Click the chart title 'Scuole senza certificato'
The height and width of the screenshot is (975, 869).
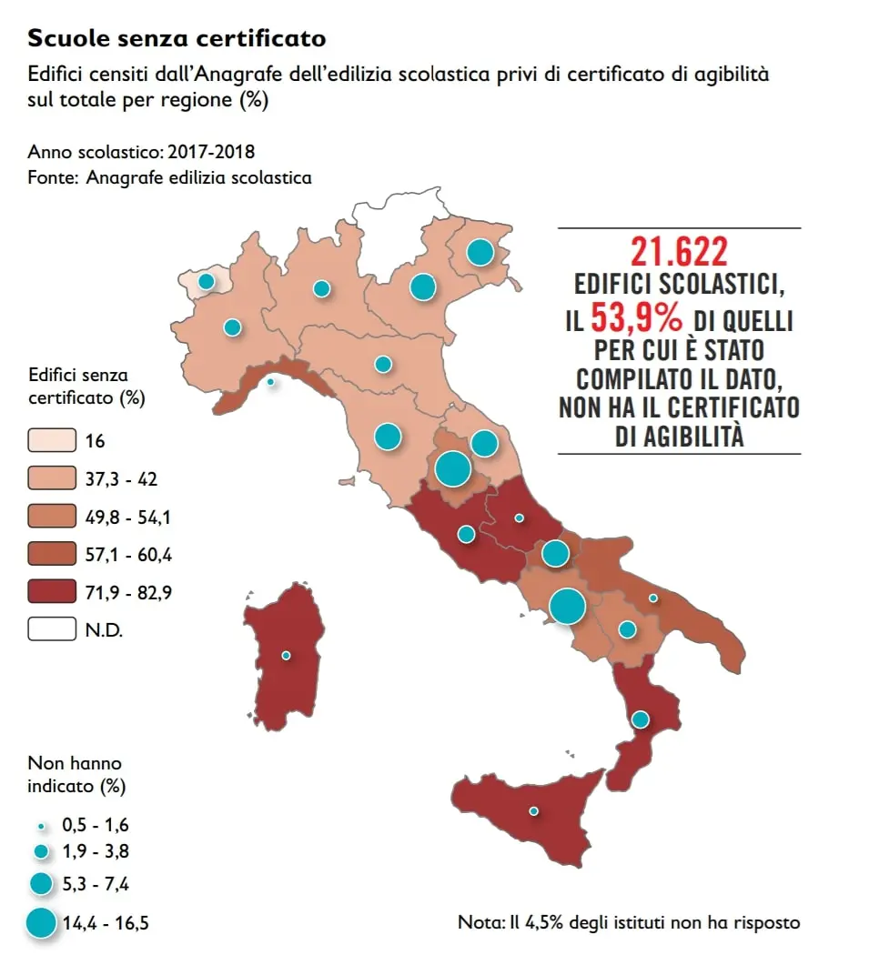pos(177,38)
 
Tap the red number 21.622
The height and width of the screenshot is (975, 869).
pos(679,252)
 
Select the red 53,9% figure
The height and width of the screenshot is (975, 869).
pos(639,317)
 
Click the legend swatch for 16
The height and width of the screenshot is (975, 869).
pos(51,440)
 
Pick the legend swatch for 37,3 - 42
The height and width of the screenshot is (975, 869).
pos(51,478)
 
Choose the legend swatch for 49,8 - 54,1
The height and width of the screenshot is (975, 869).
pos(51,517)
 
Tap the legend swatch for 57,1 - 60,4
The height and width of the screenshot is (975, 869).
pos(51,554)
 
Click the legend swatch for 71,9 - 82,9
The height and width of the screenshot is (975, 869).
pos(51,592)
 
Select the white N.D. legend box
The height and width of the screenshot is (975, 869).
pos(51,629)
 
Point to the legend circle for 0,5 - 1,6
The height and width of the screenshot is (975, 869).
pos(41,825)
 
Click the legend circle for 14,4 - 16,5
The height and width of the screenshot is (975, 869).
pos(41,923)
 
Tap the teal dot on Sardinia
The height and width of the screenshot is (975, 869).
pos(286,655)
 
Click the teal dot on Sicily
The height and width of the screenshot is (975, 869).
pos(533,810)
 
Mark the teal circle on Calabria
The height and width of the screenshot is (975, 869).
pos(640,719)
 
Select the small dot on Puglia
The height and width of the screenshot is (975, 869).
pos(653,598)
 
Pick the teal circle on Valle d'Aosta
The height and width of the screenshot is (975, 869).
pos(207,281)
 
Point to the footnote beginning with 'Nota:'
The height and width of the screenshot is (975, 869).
pos(629,922)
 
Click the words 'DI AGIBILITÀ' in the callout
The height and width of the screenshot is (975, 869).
pos(680,437)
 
